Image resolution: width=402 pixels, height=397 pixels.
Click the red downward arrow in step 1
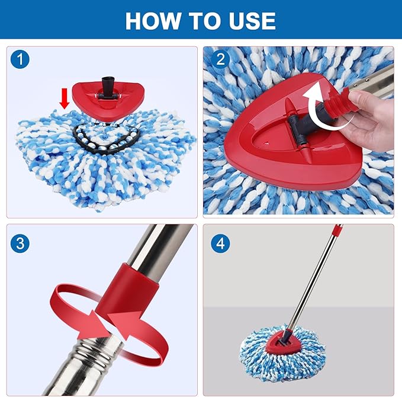coord(65,100)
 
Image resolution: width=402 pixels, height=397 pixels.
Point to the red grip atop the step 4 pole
coord(337,229)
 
